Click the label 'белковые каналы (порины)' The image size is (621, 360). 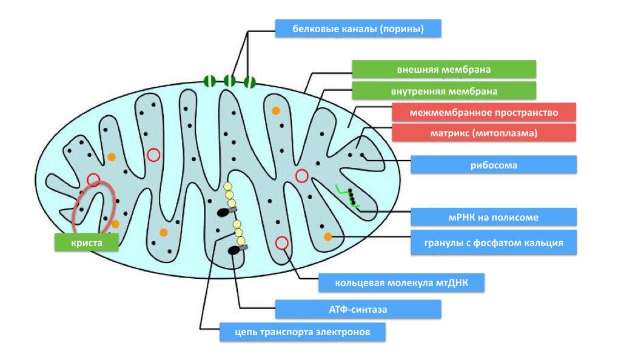click(x=358, y=28)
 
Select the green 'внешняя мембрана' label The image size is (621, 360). click(x=444, y=69)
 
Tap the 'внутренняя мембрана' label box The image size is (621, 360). click(x=444, y=91)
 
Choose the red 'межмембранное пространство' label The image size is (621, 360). click(x=484, y=112)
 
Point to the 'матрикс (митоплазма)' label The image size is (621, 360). click(x=484, y=133)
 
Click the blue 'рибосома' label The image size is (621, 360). click(x=494, y=165)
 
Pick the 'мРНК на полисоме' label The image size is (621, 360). click(x=494, y=217)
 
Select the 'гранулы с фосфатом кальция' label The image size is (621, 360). click(x=494, y=242)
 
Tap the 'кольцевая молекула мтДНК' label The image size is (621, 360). click(x=401, y=282)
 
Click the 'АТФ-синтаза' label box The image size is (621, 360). click(x=358, y=309)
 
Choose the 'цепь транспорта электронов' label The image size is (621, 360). click(x=303, y=332)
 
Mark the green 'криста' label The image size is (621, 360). click(x=86, y=242)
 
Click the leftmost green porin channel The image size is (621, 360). click(x=209, y=81)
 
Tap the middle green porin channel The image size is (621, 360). click(x=230, y=81)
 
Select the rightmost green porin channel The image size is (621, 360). click(x=249, y=82)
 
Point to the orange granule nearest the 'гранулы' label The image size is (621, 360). click(x=328, y=236)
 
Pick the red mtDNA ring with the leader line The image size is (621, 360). click(x=281, y=243)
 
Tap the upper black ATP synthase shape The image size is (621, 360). click(x=224, y=213)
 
